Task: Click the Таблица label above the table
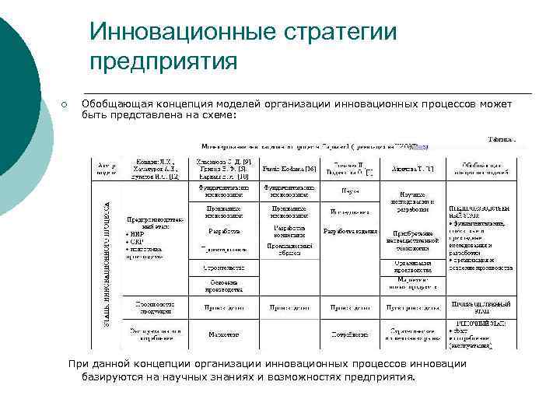[x=501, y=140]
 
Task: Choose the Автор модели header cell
[x=107, y=168]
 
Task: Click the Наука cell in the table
[x=350, y=190]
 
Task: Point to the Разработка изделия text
[x=350, y=231]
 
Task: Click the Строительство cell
[x=223, y=268]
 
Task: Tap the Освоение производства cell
[x=223, y=286]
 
